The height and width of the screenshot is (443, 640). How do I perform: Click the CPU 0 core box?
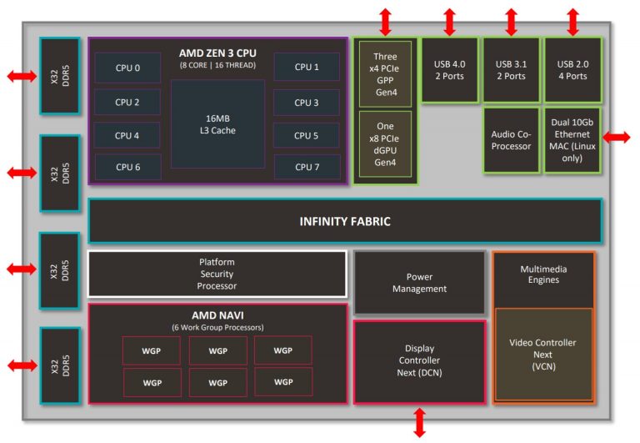127,68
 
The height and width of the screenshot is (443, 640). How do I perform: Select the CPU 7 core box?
306,167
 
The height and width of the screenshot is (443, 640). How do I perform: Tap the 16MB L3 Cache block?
217,123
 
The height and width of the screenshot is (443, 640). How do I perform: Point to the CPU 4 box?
127,135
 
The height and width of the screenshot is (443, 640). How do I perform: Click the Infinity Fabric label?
345,221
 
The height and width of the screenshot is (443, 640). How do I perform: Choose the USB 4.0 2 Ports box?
449,70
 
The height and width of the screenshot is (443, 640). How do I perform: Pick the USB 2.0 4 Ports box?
572,70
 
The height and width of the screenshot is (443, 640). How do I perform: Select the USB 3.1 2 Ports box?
511,70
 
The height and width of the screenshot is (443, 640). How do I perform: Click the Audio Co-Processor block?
511,140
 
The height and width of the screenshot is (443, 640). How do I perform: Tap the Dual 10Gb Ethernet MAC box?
572,140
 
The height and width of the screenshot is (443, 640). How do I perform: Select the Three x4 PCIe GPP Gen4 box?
385,73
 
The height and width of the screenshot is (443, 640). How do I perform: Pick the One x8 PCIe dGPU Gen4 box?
385,144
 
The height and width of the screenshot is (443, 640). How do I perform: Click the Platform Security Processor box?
217,274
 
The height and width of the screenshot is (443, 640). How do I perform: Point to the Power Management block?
419,283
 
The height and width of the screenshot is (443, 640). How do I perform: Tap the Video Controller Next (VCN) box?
543,355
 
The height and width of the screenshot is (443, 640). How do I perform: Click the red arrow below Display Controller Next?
419,422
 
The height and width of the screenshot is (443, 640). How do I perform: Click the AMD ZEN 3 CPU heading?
217,53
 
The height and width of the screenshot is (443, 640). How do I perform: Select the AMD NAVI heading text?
217,316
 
